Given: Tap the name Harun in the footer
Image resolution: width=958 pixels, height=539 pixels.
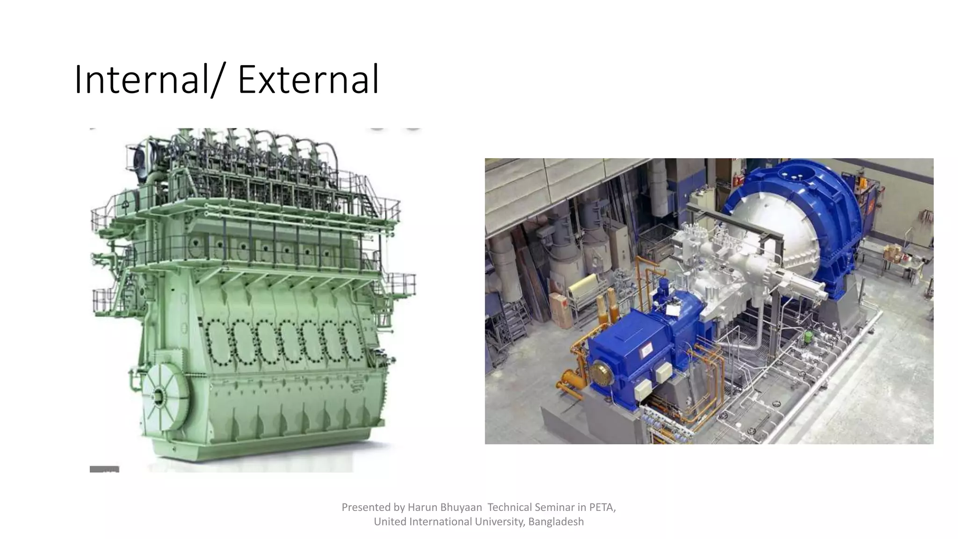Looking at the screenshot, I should tap(421, 507).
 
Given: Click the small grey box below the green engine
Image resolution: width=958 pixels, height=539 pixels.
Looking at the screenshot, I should tap(104, 469).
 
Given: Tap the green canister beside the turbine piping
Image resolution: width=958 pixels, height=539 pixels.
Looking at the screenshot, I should tap(808, 336).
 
